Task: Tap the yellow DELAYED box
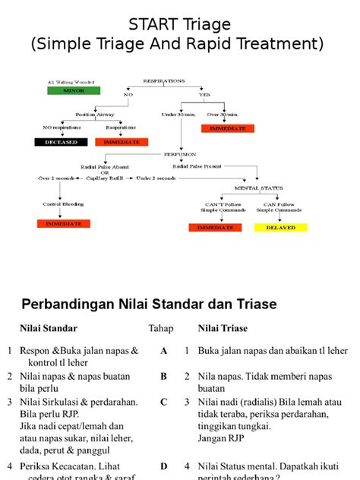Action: pyautogui.click(x=280, y=227)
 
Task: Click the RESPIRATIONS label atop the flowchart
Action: pyautogui.click(x=166, y=79)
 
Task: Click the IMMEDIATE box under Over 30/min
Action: pyautogui.click(x=227, y=129)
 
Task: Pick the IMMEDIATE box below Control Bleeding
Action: pyautogui.click(x=63, y=223)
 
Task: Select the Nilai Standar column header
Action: pyautogui.click(x=48, y=329)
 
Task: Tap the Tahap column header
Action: pyautogui.click(x=160, y=329)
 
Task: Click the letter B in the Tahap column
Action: pyautogui.click(x=163, y=376)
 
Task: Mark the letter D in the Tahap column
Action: pyautogui.click(x=163, y=466)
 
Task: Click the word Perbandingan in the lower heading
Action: pyautogui.click(x=69, y=304)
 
